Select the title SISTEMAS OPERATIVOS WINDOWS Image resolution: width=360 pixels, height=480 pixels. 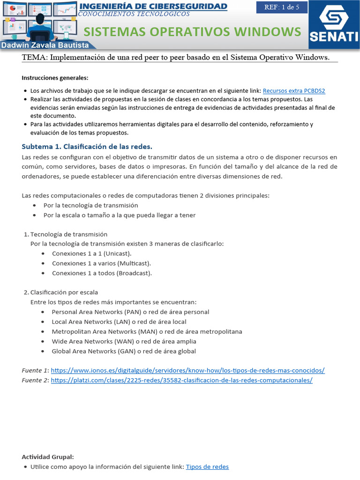coord(192,32)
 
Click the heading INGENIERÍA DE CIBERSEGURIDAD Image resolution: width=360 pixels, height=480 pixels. coord(154,6)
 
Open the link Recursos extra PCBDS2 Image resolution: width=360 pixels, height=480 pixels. coord(294,90)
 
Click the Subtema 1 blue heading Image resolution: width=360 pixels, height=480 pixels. coord(87,146)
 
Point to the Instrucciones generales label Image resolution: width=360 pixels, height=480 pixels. coord(55,78)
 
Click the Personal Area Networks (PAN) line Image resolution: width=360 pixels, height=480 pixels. coord(130,312)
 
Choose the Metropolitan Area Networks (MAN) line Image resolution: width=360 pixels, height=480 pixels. coord(147,331)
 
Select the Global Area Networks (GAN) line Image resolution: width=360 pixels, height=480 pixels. coord(124,351)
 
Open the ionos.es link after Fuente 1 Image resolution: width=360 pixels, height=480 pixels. coord(187,370)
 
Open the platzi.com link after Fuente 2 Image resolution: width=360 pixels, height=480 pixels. coord(181,380)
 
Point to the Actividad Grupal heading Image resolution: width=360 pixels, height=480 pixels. coord(48,457)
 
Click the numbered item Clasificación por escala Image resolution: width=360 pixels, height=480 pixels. coord(64,292)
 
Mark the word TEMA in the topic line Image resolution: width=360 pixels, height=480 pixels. coord(34,57)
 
